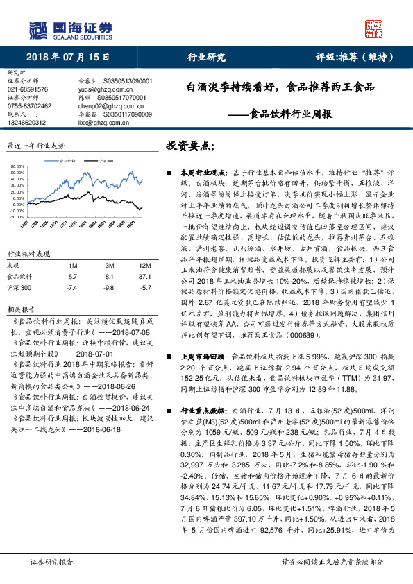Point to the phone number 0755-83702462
click(29, 105)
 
